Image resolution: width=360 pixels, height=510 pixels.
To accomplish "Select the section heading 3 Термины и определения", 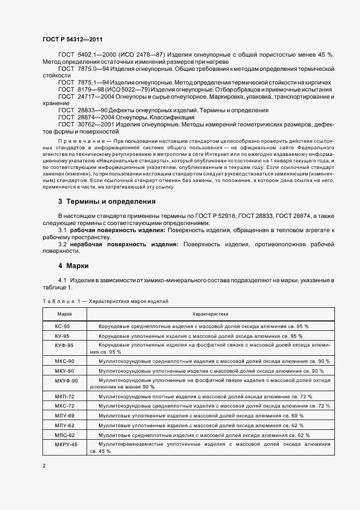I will (107, 201).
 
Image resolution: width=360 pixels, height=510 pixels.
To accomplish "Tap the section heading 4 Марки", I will (73, 266).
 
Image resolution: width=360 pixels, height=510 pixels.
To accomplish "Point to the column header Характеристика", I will (210, 314).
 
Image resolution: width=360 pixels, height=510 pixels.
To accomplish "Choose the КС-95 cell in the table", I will (62, 326).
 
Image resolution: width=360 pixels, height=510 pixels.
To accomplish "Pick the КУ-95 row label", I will (62, 336).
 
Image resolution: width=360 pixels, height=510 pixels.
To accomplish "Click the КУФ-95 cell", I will (64, 345).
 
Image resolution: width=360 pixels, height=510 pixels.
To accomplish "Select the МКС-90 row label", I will (64, 361).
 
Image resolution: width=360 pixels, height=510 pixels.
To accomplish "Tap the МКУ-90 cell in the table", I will (64, 371).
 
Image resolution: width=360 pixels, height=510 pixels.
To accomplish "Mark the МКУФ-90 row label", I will (66, 380).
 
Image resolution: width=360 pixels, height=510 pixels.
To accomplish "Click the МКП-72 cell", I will (64, 396).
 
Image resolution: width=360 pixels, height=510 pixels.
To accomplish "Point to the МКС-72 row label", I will (64, 406).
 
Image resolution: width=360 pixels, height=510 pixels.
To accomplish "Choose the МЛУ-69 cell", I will (64, 416).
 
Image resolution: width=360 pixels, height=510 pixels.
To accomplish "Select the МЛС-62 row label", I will (64, 435).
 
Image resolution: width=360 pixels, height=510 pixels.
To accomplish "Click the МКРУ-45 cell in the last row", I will (66, 445).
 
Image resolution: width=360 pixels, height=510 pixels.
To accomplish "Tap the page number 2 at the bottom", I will (44, 466).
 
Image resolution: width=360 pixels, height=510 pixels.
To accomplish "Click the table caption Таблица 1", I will (59, 301).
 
